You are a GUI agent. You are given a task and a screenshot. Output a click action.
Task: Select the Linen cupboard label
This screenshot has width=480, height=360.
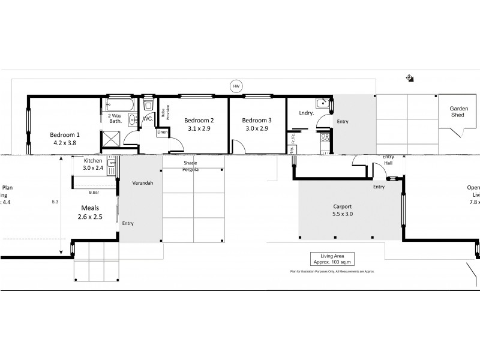coord(162,133)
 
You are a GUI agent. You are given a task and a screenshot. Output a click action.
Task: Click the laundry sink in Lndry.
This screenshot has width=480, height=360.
coord(323,103)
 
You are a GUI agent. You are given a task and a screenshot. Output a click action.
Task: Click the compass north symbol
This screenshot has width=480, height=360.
coord(409,77)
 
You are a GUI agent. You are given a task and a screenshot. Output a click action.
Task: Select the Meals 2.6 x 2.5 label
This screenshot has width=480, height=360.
coord(90,212)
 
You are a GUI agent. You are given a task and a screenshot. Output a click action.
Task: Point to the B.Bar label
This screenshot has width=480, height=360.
coord(94,193)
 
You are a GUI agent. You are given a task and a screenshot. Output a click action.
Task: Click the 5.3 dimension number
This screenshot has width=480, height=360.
coord(55,202)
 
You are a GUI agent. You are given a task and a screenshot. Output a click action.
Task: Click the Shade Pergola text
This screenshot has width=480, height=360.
coord(190,166)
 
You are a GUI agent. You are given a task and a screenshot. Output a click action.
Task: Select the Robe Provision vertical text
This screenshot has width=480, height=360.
coord(165,112)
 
